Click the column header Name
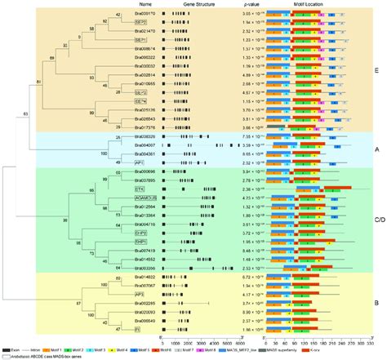coord(146,5)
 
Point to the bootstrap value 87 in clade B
coord(55,303)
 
